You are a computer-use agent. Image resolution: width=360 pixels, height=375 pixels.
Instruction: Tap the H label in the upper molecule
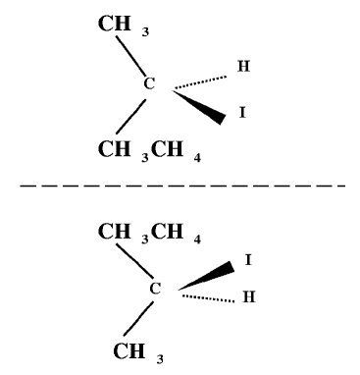[x=244, y=68]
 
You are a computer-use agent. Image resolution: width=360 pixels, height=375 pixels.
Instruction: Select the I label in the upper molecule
[x=242, y=115]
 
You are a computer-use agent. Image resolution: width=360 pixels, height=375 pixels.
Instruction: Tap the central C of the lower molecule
[x=154, y=289]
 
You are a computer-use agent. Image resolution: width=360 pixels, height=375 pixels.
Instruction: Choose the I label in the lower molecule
[x=248, y=260]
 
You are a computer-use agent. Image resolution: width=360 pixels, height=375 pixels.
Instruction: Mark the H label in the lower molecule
[x=248, y=298]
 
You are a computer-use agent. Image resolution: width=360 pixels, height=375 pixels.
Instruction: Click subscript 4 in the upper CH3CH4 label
[x=197, y=155]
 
